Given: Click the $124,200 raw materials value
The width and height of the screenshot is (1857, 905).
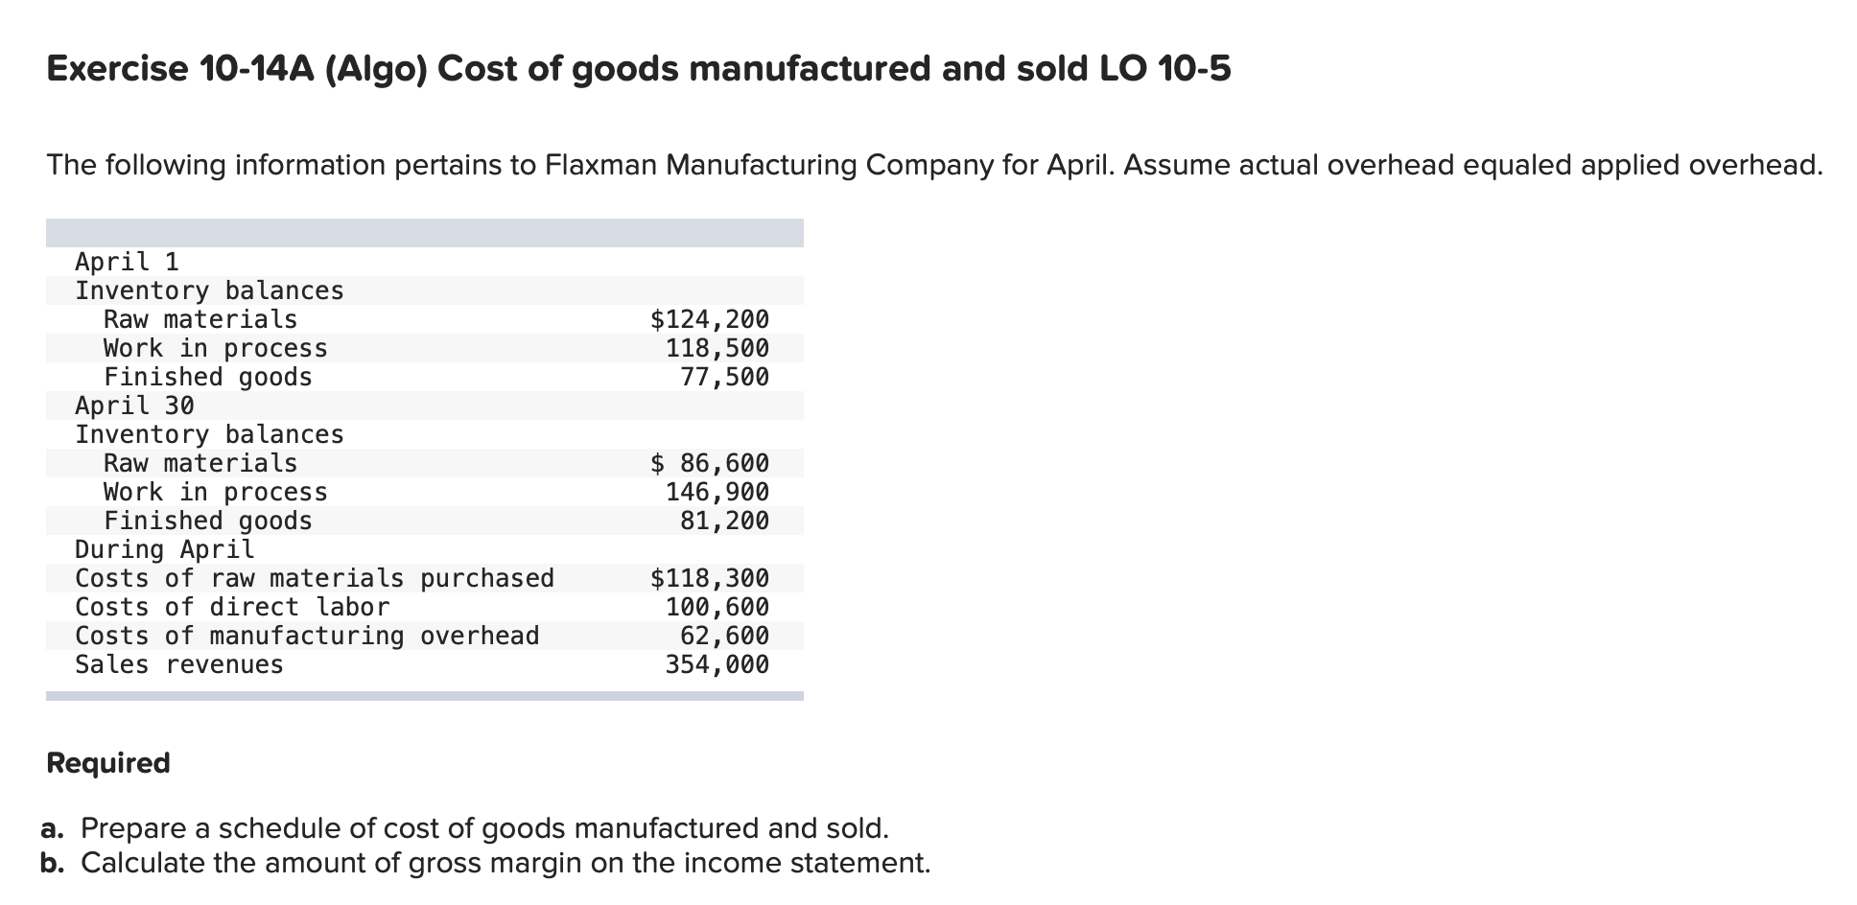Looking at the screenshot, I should tap(710, 319).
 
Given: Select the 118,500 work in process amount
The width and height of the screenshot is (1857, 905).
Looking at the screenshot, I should tap(717, 348).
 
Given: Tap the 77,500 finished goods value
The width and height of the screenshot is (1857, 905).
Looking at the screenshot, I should tap(724, 377).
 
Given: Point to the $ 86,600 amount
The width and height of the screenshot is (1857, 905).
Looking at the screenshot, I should tap(710, 463).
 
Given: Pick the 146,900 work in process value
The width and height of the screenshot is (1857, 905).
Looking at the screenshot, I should tap(717, 492).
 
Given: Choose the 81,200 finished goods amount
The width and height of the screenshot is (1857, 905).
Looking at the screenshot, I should tap(724, 521).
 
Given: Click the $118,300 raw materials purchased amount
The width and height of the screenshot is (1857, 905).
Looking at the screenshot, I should tap(710, 578).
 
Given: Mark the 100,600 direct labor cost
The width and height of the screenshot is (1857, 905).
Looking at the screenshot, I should tap(717, 607).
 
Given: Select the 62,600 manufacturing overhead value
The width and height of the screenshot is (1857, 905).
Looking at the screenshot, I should tap(724, 636).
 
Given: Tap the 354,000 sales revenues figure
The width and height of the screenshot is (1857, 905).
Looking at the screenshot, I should tap(717, 664).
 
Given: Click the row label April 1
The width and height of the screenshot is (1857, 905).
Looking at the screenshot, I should tap(127, 262).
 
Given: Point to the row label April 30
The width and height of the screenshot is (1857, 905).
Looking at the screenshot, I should tap(134, 406).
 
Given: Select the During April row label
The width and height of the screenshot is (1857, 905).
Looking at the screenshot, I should tap(165, 549).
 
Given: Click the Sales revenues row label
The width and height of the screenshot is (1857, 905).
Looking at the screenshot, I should tap(179, 664).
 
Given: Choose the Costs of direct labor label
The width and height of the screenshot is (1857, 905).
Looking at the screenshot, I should tap(232, 607).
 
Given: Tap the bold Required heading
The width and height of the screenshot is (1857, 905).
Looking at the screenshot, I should tap(108, 763).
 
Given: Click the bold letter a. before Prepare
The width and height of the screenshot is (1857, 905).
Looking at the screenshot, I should tap(54, 827).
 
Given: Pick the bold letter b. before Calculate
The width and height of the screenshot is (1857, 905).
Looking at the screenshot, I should tap(54, 863).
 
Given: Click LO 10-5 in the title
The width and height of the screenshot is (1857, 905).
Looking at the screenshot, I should tap(1162, 69).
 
